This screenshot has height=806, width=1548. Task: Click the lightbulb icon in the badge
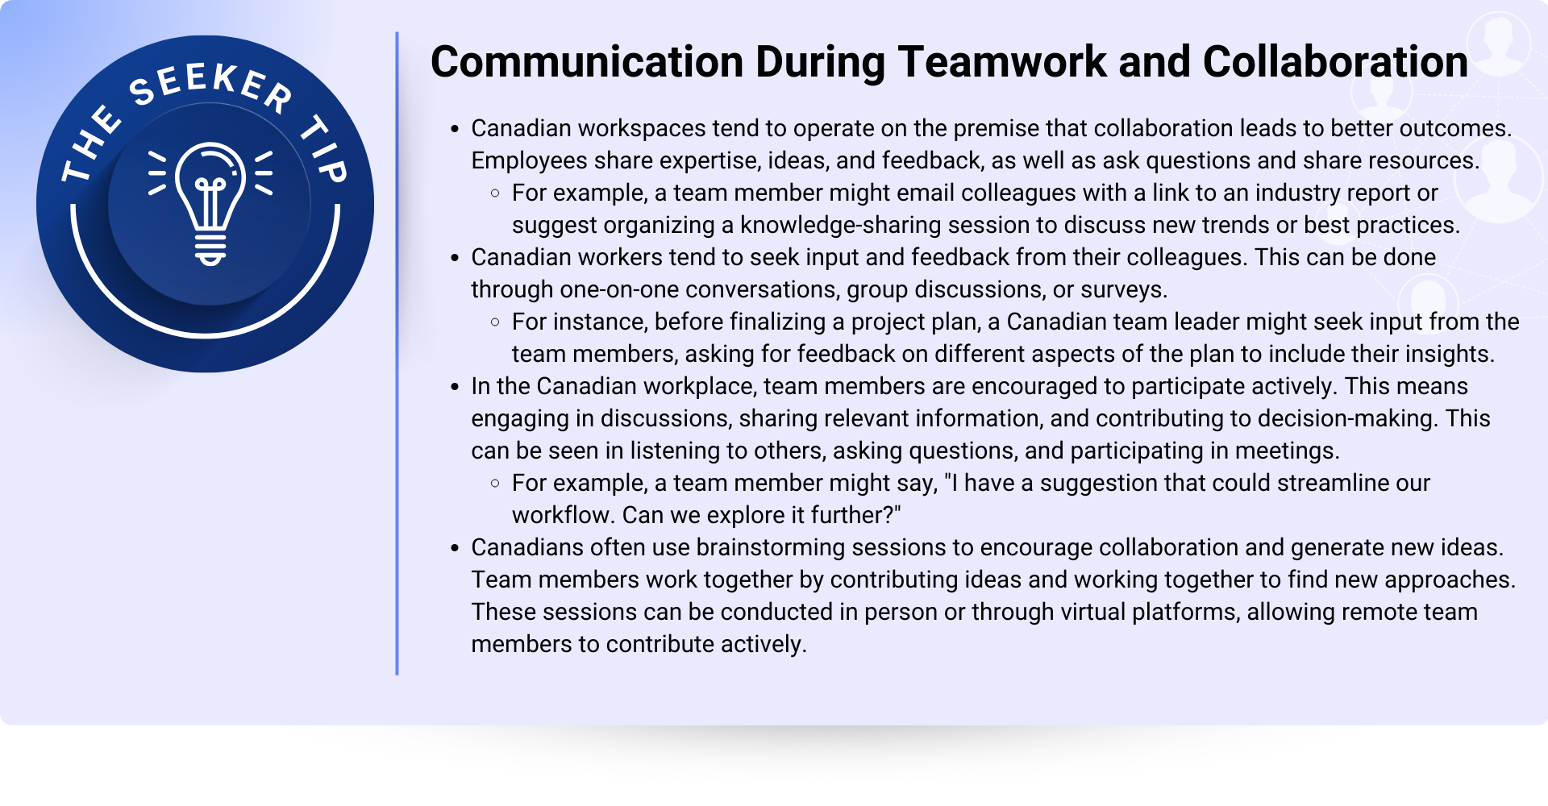click(x=210, y=203)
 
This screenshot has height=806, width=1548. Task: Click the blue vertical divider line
click(x=397, y=353)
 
